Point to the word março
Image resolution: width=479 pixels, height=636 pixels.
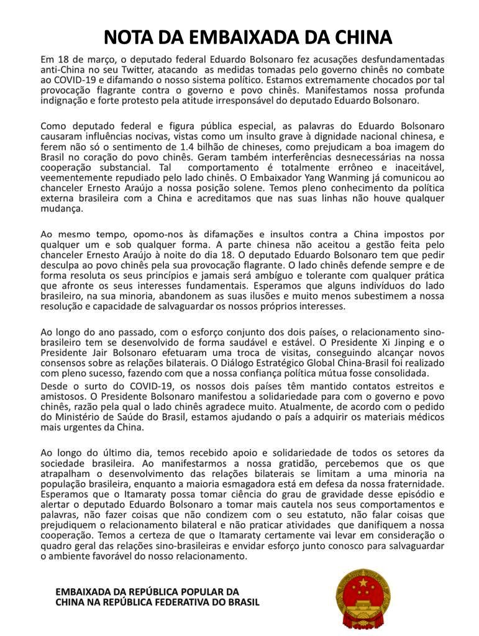click(x=95, y=60)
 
